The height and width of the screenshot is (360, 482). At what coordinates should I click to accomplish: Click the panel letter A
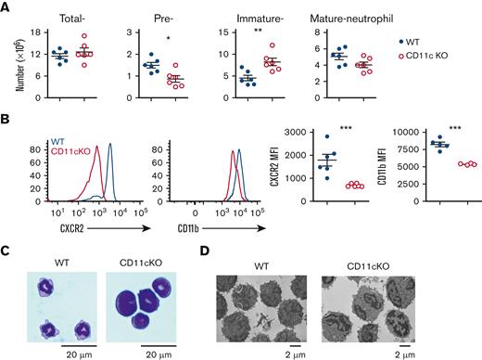(x=6, y=7)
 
